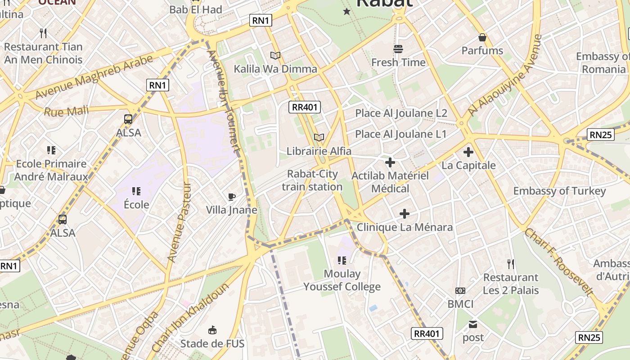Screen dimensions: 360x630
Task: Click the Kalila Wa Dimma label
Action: click(275, 69)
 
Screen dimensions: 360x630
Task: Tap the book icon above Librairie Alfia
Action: click(319, 137)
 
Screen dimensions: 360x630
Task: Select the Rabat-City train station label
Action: click(312, 180)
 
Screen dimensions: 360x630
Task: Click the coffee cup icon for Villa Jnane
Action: click(231, 197)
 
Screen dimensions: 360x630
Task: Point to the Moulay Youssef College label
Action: click(342, 280)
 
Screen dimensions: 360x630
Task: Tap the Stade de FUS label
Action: click(212, 344)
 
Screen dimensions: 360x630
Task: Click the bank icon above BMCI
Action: click(460, 291)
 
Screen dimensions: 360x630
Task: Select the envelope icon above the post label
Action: click(473, 324)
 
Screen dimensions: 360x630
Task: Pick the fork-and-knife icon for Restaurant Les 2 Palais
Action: click(510, 264)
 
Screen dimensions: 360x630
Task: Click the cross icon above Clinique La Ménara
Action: click(405, 214)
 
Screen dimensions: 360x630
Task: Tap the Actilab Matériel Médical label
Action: click(390, 182)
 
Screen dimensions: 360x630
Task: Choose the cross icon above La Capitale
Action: click(468, 152)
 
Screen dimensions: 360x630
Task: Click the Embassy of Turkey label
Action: click(559, 191)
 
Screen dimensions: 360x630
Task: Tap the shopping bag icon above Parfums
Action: click(482, 37)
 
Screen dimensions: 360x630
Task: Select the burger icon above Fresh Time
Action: click(398, 49)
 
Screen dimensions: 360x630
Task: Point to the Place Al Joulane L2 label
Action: click(401, 113)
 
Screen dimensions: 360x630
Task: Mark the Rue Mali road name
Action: click(66, 111)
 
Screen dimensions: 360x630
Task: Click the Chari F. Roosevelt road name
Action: click(559, 262)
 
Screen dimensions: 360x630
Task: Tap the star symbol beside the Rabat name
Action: click(346, 11)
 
